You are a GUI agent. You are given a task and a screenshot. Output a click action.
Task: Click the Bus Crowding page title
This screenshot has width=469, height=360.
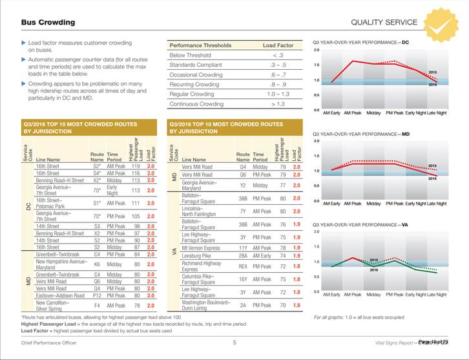click(48, 23)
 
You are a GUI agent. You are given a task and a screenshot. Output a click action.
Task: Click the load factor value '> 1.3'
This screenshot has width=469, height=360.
click(277, 103)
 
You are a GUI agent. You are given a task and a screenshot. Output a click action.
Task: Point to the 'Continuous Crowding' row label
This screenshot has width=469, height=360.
click(196, 103)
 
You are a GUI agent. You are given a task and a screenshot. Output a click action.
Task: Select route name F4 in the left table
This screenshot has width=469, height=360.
click(96, 305)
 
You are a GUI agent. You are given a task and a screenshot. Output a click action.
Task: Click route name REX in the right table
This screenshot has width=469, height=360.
click(243, 266)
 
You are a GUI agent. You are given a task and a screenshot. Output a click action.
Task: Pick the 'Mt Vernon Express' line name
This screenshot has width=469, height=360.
click(202, 248)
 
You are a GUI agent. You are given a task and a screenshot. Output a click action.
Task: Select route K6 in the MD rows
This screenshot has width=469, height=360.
click(96, 264)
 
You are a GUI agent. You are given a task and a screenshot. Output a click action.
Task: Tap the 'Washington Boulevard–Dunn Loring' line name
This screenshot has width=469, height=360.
click(206, 305)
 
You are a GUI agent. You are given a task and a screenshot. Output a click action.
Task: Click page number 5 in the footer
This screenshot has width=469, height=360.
click(234, 343)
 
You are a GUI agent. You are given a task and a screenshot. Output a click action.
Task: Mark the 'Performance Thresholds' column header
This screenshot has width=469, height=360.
click(200, 46)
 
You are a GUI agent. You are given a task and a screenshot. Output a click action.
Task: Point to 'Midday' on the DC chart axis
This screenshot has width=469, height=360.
click(373, 112)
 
